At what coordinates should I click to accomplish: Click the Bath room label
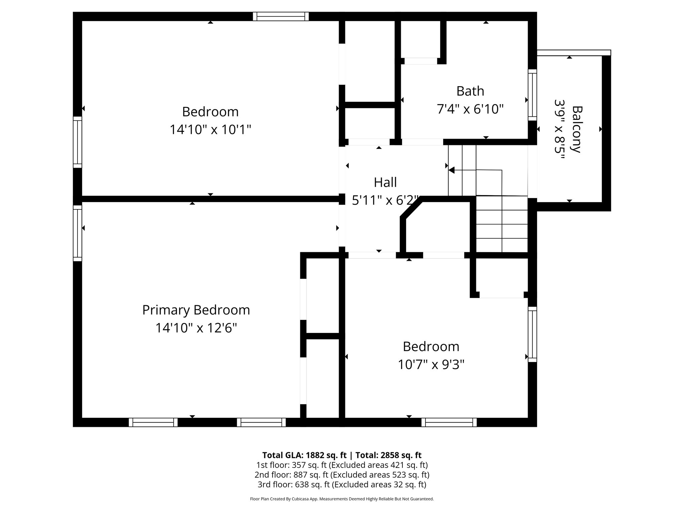470,91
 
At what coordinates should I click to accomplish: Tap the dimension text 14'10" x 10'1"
210,130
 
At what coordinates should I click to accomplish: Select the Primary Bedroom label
196,310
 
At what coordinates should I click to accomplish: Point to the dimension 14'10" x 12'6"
196,328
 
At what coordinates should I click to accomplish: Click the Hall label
385,182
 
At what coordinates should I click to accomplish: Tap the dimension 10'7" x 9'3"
431,365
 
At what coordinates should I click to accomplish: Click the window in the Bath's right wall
532,95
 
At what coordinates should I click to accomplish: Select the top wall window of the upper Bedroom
281,16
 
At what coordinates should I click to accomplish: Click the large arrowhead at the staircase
452,170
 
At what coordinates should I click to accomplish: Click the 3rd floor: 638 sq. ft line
342,484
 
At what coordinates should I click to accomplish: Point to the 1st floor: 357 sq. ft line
342,465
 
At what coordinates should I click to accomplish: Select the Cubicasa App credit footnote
342,499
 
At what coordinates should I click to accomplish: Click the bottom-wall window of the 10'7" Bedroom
449,422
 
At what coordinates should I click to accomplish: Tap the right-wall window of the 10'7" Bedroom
532,334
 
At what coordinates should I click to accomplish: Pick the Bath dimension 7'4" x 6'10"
470,109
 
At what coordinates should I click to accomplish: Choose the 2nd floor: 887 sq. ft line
342,475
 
